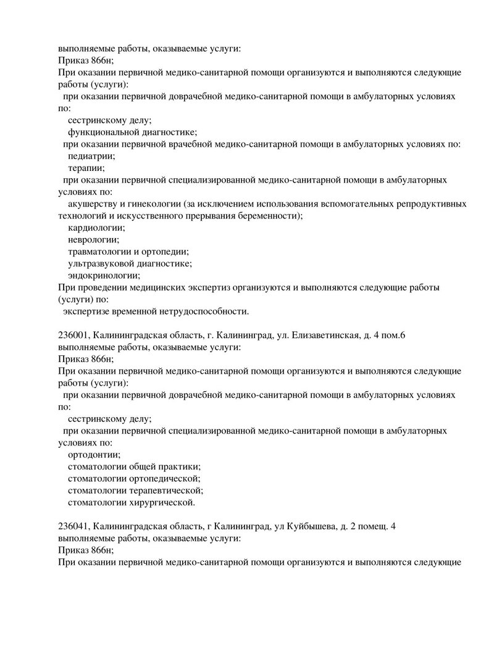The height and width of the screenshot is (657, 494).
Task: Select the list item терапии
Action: pos(86,167)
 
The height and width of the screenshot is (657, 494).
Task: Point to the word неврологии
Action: pos(93,239)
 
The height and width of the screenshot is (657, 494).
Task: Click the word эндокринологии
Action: pos(104,275)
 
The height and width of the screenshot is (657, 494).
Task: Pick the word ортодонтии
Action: pos(94,454)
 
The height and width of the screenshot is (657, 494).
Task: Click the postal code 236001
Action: pos(74,335)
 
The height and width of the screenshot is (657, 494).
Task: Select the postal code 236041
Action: pos(74,526)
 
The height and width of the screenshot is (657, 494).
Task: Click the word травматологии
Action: pos(100,251)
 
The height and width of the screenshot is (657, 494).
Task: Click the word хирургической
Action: pos(161,502)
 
